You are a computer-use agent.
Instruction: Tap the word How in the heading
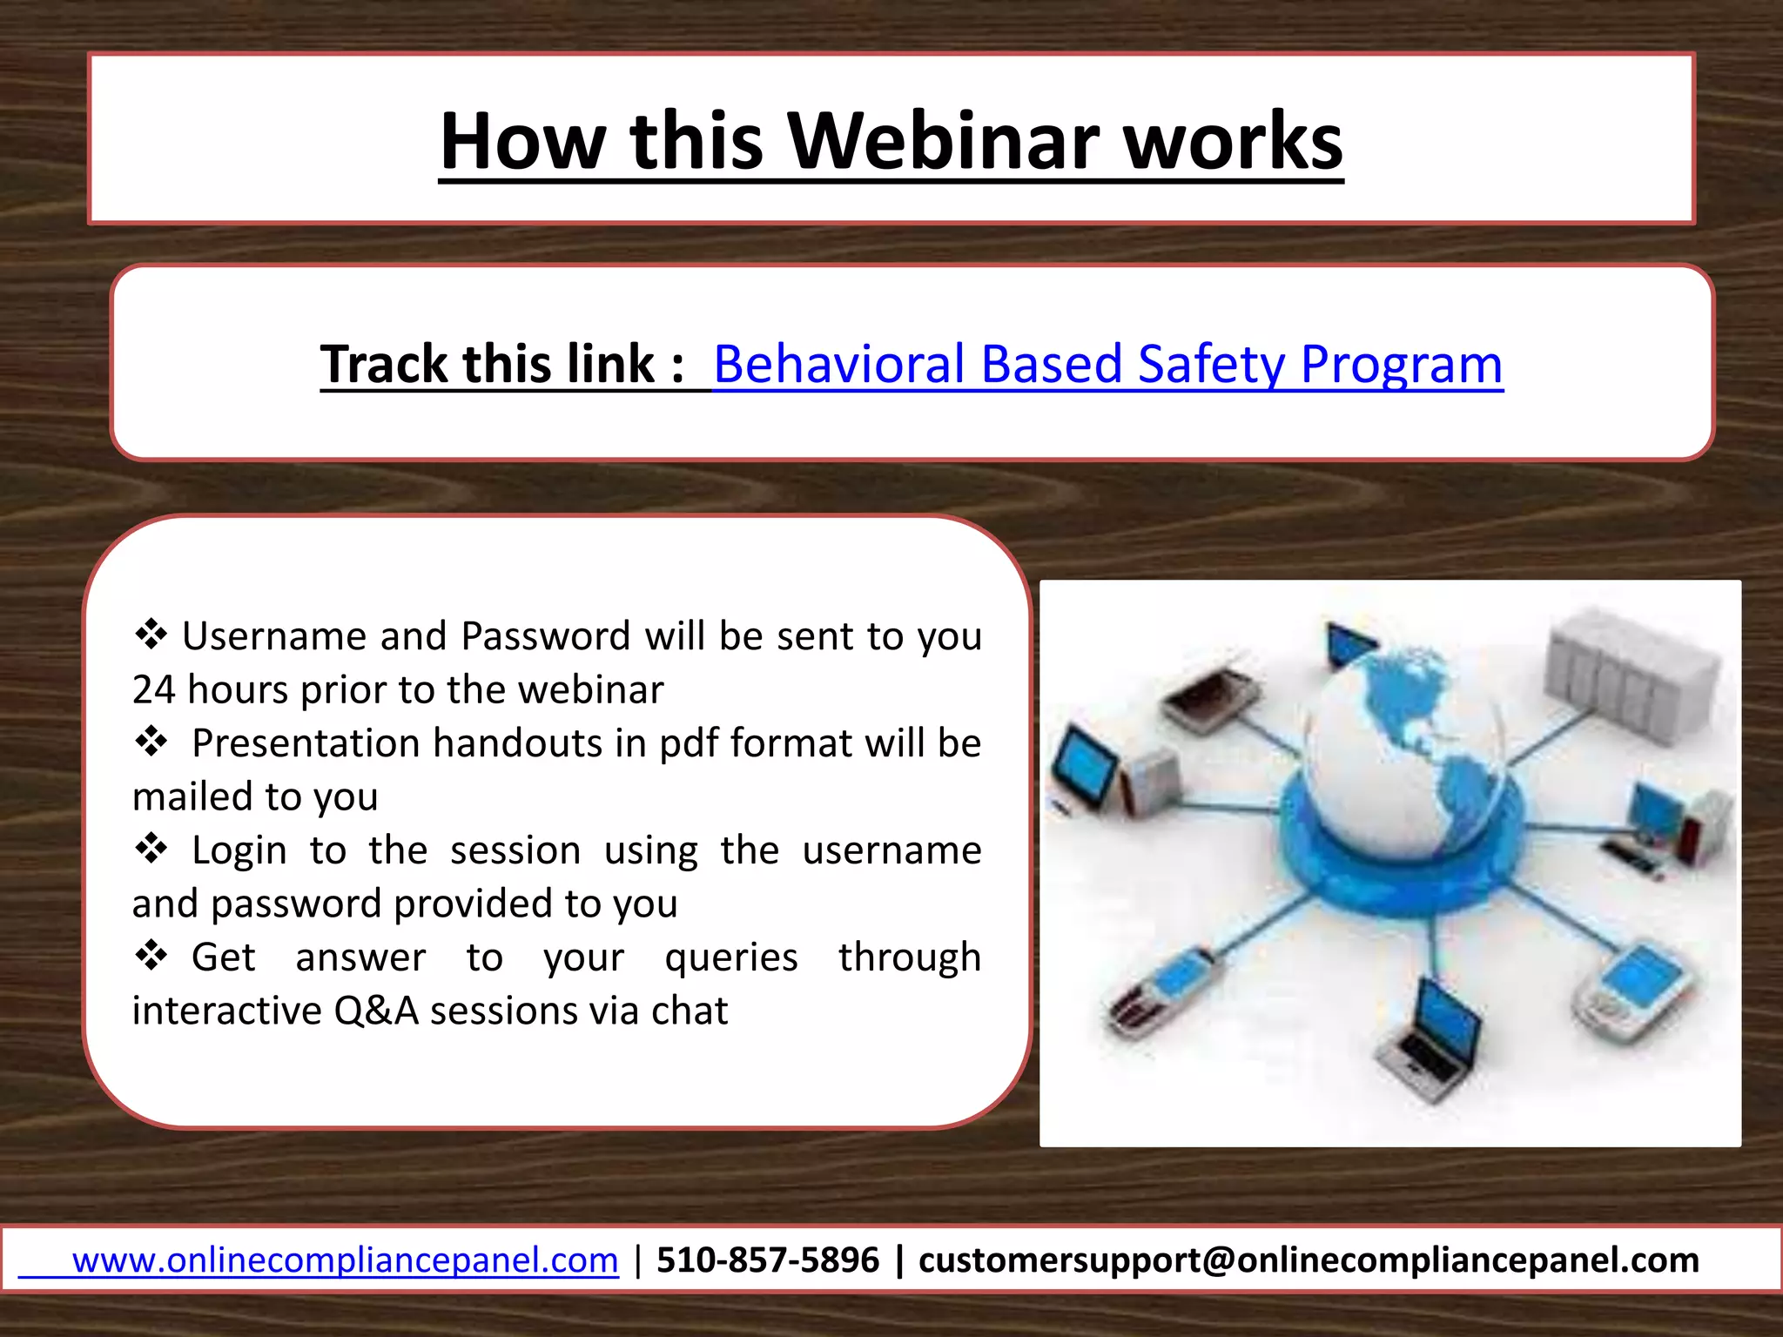pyautogui.click(x=522, y=141)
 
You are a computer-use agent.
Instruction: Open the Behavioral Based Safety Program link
pyautogui.click(x=1107, y=364)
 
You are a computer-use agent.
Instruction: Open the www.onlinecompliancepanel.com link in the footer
pyautogui.click(x=345, y=1260)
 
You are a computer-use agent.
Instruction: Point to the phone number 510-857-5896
pyautogui.click(x=768, y=1260)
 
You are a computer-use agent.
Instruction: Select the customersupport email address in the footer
pyautogui.click(x=1309, y=1260)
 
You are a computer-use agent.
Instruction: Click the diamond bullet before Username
pyautogui.click(x=151, y=635)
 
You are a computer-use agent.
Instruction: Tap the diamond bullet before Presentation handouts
pyautogui.click(x=151, y=742)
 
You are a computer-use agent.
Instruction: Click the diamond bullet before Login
pyautogui.click(x=151, y=849)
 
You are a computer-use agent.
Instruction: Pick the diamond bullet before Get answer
pyautogui.click(x=151, y=956)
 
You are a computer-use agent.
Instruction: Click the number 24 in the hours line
pyautogui.click(x=153, y=689)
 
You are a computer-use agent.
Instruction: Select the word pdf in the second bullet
pyautogui.click(x=689, y=744)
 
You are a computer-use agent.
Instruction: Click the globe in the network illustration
pyautogui.click(x=1402, y=749)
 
